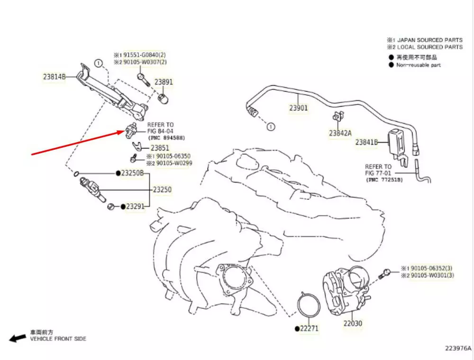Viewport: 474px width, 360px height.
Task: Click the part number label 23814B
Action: [54, 76]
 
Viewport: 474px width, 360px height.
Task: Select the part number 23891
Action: [164, 82]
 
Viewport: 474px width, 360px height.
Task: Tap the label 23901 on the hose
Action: [299, 108]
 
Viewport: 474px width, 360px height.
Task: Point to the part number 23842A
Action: [340, 133]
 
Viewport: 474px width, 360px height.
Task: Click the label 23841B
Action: [366, 142]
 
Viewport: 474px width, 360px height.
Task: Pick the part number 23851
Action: [160, 148]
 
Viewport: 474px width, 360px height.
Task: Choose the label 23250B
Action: [132, 173]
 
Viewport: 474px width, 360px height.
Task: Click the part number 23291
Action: [135, 207]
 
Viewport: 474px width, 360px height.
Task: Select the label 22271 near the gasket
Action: [310, 328]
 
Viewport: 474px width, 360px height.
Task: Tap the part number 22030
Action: [353, 324]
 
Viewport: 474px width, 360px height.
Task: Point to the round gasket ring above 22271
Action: [309, 306]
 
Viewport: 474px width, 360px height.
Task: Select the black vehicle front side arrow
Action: [18, 338]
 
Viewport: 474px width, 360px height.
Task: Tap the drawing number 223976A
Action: [458, 349]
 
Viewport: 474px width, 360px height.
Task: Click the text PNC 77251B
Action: [384, 180]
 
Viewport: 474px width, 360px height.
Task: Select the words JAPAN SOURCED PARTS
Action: [430, 40]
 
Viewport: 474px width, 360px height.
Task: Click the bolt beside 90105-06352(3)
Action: [385, 272]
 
